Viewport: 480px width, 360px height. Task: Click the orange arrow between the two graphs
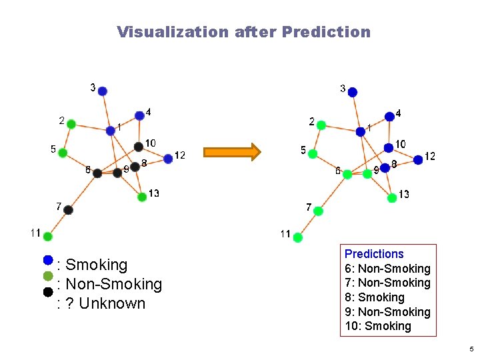pyautogui.click(x=231, y=152)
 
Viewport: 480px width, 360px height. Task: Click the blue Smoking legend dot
pyautogui.click(x=48, y=259)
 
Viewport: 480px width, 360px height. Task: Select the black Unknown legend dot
pyautogui.click(x=48, y=291)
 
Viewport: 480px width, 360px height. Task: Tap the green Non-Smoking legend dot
pyautogui.click(x=48, y=275)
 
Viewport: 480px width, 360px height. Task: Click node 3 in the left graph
pyautogui.click(x=103, y=91)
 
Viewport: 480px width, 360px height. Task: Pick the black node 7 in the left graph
pyautogui.click(x=68, y=210)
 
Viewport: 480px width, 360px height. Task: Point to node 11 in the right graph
pyautogui.click(x=298, y=237)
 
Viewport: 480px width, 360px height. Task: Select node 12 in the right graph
pyautogui.click(x=418, y=159)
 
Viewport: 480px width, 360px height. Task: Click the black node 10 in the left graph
pyautogui.click(x=138, y=147)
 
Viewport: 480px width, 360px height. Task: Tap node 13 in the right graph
pyautogui.click(x=392, y=197)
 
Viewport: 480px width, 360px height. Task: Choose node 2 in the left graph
pyautogui.click(x=71, y=123)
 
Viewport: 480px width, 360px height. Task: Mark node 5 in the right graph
pyautogui.click(x=313, y=153)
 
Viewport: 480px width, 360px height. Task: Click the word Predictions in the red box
pyautogui.click(x=374, y=254)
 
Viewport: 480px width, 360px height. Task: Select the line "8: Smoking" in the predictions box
pyautogui.click(x=375, y=297)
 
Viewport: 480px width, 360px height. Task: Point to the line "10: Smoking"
pyautogui.click(x=378, y=326)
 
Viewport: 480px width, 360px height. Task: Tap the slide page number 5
pyautogui.click(x=471, y=349)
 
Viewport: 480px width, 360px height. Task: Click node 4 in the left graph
pyautogui.click(x=139, y=115)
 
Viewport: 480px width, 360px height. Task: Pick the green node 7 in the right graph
pyautogui.click(x=318, y=211)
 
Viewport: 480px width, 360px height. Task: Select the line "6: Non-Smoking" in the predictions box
pyautogui.click(x=387, y=269)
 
